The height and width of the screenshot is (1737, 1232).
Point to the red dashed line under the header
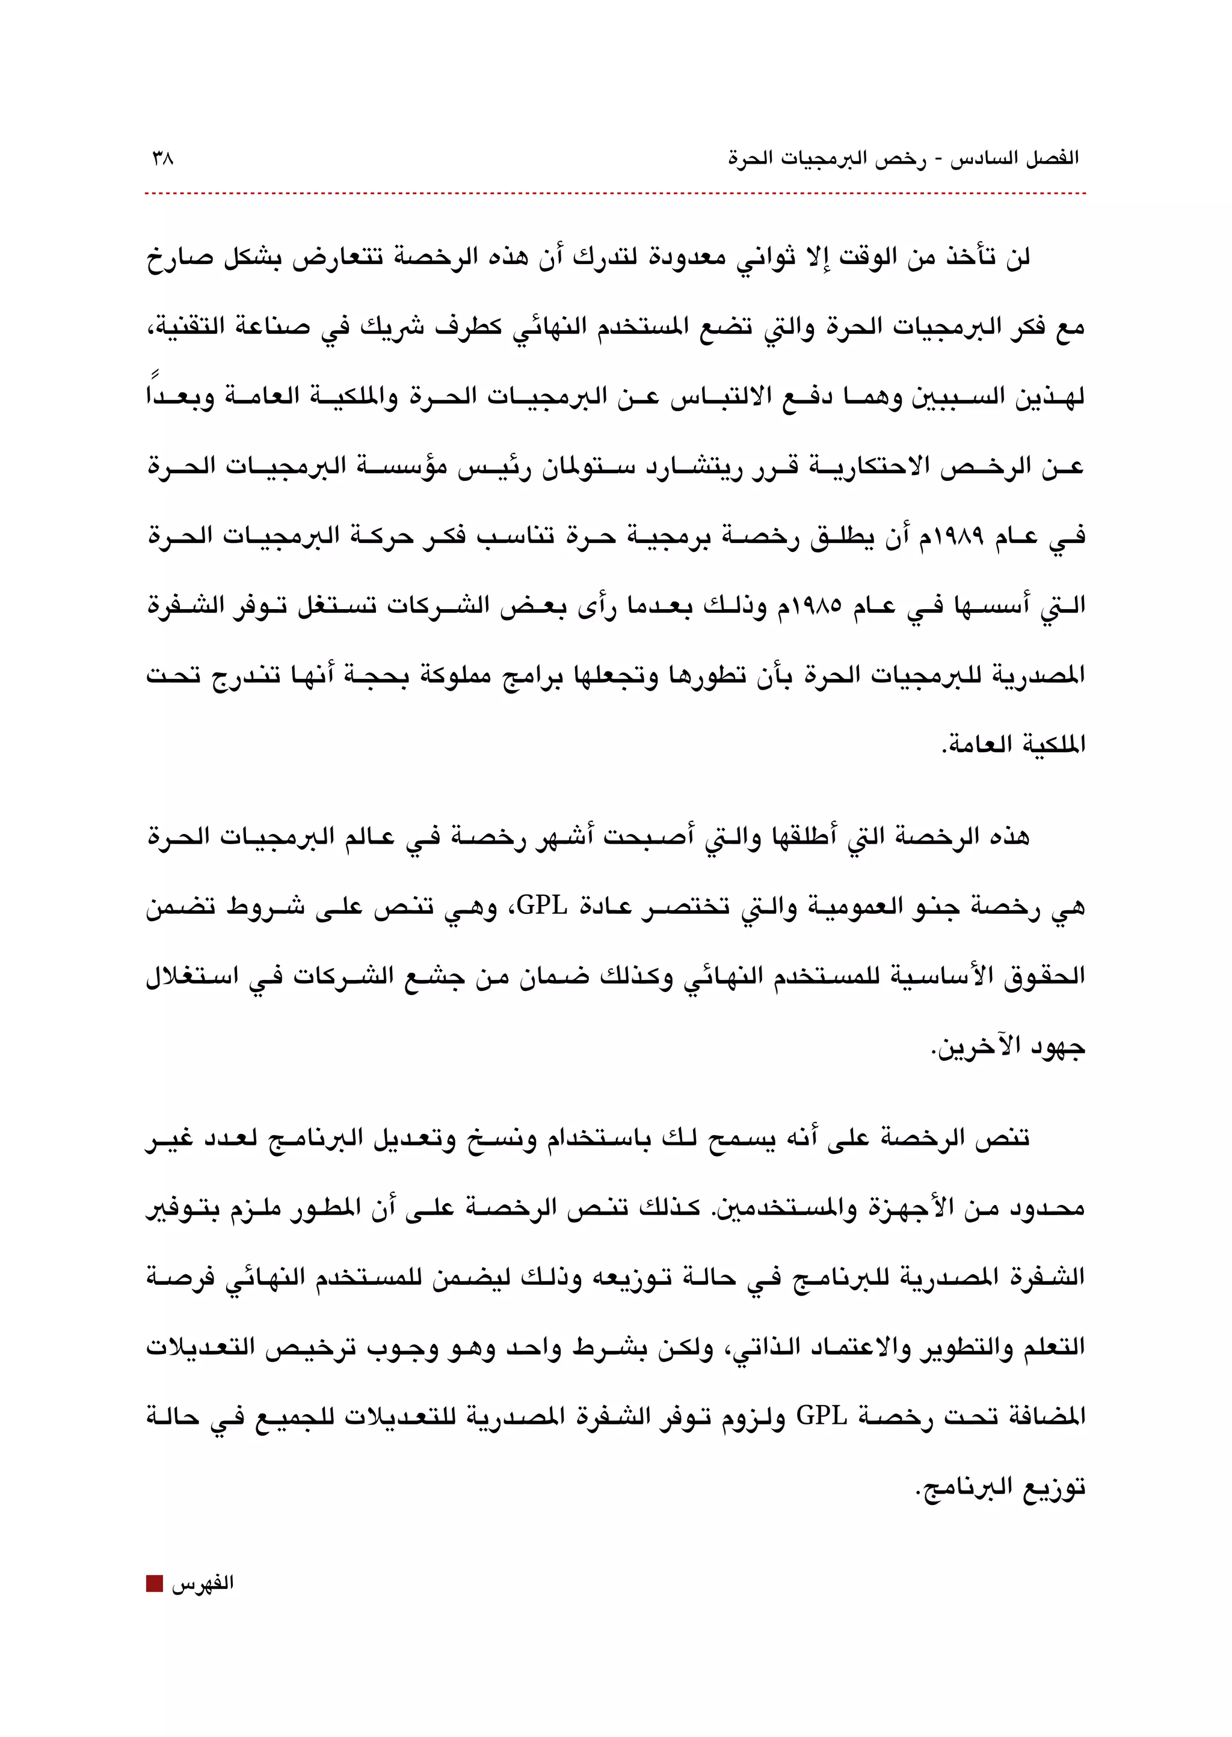tap(614, 194)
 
